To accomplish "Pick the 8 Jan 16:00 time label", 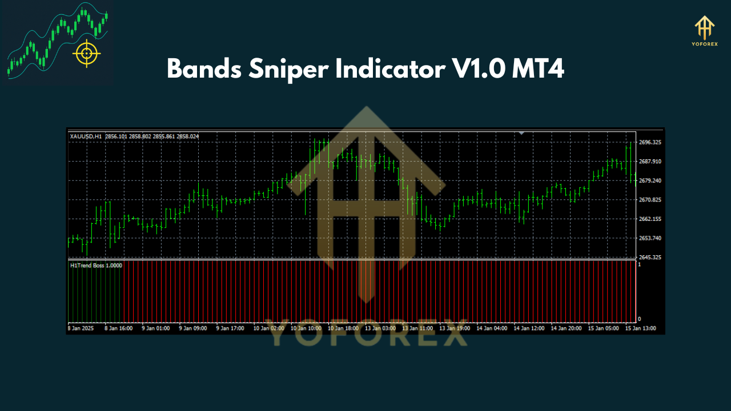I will coord(118,328).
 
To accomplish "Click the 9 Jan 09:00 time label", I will coord(193,328).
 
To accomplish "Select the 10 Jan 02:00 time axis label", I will coord(268,328).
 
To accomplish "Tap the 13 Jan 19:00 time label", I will coord(455,328).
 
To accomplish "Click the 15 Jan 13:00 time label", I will coord(641,328).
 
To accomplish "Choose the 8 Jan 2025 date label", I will coord(81,328).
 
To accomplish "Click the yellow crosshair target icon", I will coord(86,54).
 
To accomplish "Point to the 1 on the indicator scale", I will coord(639,265).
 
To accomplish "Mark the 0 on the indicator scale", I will coord(639,319).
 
